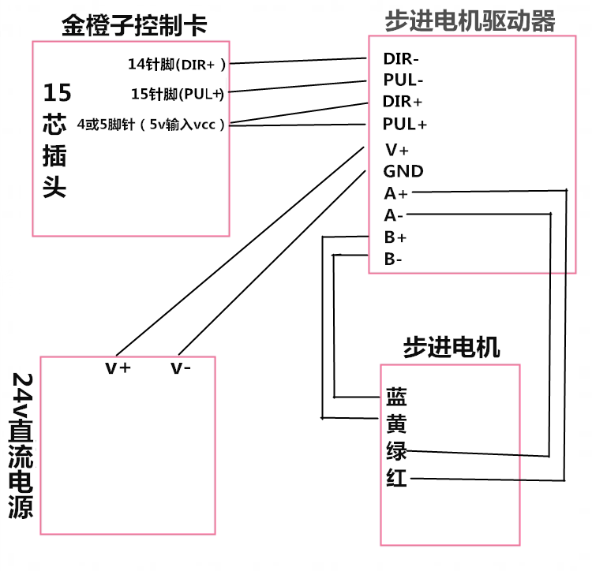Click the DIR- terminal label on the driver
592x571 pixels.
click(x=401, y=59)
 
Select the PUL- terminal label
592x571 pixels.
click(x=403, y=80)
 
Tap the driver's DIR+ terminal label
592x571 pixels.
click(x=402, y=102)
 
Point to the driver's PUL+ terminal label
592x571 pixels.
click(x=404, y=124)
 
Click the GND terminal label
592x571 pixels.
click(x=403, y=171)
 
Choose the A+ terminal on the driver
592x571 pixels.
click(x=396, y=193)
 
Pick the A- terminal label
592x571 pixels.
click(x=393, y=215)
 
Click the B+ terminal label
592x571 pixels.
click(x=395, y=237)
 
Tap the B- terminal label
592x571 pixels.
click(x=393, y=259)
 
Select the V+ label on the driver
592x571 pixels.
click(x=397, y=150)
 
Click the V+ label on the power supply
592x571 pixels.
click(x=118, y=368)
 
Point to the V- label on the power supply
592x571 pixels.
click(x=181, y=368)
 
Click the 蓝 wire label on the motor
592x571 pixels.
click(x=396, y=397)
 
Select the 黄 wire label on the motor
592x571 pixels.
click(x=396, y=424)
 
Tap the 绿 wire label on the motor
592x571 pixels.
click(x=396, y=450)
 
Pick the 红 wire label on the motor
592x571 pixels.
click(x=396, y=477)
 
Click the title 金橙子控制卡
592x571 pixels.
click(x=134, y=25)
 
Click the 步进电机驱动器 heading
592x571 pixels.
click(x=470, y=21)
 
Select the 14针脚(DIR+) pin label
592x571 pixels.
click(x=177, y=64)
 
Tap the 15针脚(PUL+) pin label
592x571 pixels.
click(x=178, y=94)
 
